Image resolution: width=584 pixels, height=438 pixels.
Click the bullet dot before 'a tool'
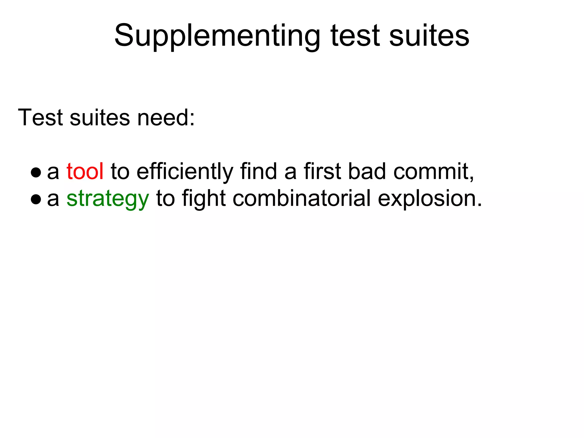[x=36, y=172]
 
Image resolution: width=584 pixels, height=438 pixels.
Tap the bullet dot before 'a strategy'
[x=36, y=199]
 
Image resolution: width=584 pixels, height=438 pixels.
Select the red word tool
[x=85, y=171]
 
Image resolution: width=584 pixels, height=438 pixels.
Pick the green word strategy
[x=108, y=199]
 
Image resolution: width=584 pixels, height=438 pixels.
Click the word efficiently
[x=185, y=171]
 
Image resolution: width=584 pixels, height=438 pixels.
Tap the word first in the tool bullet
[x=323, y=171]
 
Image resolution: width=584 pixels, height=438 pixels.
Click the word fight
[x=204, y=198]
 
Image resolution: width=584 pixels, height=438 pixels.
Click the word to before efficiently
[x=120, y=171]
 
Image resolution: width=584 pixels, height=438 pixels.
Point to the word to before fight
[x=165, y=198]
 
